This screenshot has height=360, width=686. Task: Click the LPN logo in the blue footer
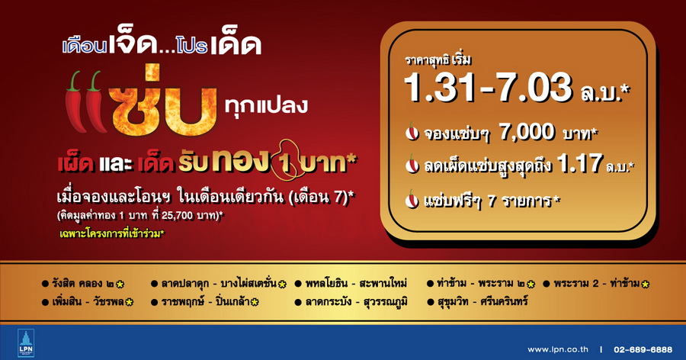26,343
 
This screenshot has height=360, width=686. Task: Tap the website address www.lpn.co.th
558,349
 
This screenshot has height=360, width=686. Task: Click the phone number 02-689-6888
643,349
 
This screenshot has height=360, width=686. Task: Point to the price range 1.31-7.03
488,87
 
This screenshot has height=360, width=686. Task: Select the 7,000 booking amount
527,132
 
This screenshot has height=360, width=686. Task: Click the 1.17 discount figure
580,163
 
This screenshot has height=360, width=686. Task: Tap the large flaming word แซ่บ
164,101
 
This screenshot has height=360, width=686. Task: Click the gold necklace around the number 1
287,161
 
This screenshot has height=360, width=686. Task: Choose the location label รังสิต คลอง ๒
83,284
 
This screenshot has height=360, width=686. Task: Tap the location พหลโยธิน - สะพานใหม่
356,284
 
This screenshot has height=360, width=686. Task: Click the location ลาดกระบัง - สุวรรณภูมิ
357,302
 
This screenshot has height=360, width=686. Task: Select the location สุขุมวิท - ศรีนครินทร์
482,301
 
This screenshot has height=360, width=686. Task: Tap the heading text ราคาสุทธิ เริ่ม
438,60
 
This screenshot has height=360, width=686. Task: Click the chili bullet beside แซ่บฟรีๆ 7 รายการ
412,199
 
